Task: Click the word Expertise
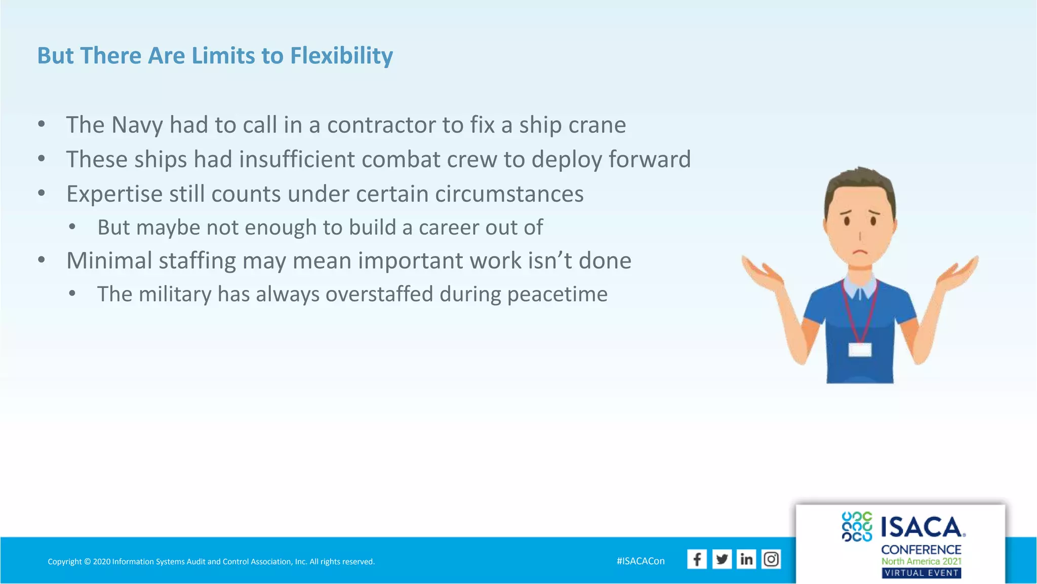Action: coord(114,195)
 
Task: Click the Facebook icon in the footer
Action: coord(697,559)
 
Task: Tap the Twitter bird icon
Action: coord(722,559)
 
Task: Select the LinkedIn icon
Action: coord(746,559)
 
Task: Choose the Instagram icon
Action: coord(771,559)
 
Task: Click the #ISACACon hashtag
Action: coord(641,561)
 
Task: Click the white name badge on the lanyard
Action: coord(859,349)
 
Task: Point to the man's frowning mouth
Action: coord(859,252)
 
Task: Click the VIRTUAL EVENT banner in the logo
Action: coord(921,573)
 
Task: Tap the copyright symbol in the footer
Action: coord(87,562)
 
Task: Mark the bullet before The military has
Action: coord(72,294)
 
